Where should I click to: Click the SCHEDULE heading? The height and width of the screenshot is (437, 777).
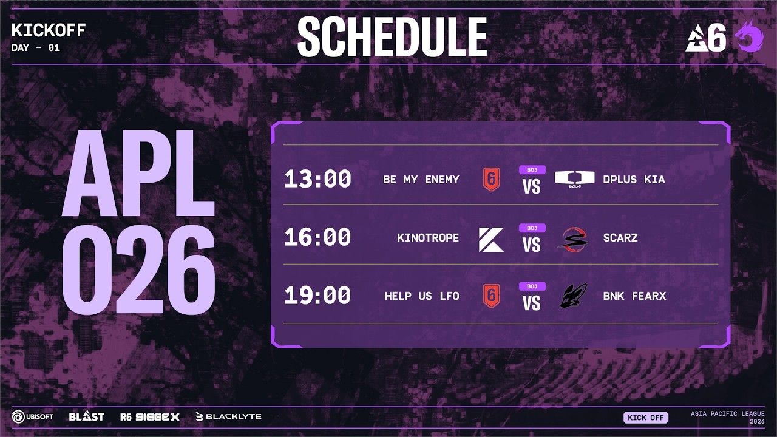[x=392, y=37]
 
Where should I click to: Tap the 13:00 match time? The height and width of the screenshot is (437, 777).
[x=317, y=179]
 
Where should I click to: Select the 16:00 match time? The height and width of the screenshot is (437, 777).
[x=317, y=237]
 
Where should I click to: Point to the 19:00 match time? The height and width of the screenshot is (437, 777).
[x=317, y=296]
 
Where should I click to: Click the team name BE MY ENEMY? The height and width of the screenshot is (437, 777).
[x=421, y=180]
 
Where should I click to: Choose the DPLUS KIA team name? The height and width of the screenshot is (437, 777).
[x=634, y=180]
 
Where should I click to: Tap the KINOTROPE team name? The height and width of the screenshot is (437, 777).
[x=428, y=238]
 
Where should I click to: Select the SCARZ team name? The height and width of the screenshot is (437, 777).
[x=620, y=238]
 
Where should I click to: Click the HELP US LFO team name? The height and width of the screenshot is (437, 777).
[x=421, y=296]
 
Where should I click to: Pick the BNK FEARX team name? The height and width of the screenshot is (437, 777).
[x=634, y=296]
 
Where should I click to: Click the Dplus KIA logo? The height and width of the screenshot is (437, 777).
[x=570, y=179]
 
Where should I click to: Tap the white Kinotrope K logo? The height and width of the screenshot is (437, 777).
[x=491, y=239]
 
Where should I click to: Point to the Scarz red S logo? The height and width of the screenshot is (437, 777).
[x=572, y=239]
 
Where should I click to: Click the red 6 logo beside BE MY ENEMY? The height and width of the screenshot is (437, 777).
[x=491, y=179]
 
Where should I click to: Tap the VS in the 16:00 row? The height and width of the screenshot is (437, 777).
[x=532, y=245]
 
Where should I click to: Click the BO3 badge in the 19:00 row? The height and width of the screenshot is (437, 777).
[x=532, y=286]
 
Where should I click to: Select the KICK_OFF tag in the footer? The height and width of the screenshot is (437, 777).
[x=645, y=418]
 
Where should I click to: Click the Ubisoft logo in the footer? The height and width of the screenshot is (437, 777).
[x=33, y=416]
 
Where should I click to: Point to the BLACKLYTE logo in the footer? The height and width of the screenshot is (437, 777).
[x=229, y=416]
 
